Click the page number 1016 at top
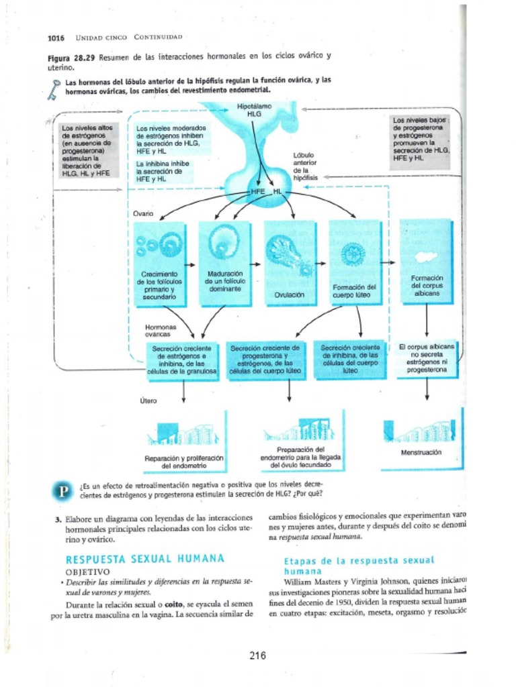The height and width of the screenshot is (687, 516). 56,37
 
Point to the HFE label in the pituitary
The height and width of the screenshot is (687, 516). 259,192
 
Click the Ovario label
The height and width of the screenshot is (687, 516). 143,213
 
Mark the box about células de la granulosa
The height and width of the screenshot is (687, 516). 183,360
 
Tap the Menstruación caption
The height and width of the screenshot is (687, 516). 422,452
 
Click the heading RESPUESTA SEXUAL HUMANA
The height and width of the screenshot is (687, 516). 144,559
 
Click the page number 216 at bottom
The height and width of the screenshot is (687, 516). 258,655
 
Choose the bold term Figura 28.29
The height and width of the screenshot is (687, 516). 72,58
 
